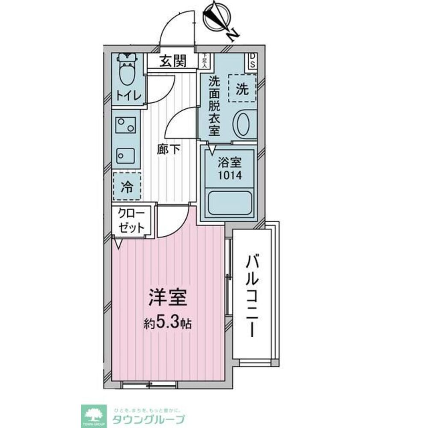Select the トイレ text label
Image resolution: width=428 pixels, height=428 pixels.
127,96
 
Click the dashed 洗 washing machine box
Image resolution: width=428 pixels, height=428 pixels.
242,88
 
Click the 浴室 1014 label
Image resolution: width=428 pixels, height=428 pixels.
229,169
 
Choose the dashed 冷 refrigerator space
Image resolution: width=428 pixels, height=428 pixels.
127,186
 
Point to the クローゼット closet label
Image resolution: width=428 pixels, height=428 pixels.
131,221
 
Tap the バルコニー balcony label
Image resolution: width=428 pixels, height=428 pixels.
253,295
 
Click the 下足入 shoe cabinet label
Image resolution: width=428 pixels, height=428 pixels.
205,60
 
